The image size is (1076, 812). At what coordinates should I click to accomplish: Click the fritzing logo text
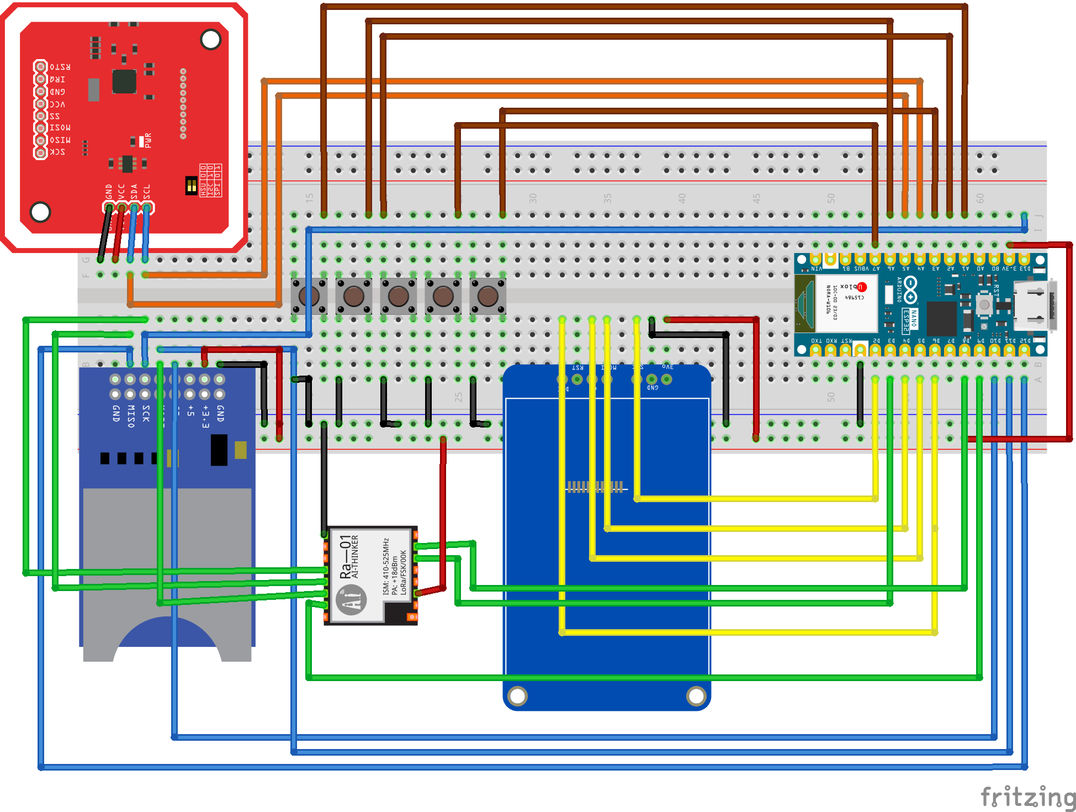click(1028, 797)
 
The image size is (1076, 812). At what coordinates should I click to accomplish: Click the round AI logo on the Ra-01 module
click(351, 600)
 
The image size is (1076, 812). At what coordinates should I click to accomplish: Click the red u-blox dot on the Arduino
click(862, 287)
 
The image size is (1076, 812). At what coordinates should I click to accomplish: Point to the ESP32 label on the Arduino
click(906, 321)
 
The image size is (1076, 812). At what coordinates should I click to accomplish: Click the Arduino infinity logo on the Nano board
click(910, 290)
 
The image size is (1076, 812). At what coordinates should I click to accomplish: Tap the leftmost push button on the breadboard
click(309, 296)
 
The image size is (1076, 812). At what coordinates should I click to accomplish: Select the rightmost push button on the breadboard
click(487, 296)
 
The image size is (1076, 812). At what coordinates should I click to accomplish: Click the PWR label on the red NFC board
click(147, 140)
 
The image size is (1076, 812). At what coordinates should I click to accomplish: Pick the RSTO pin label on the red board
click(60, 67)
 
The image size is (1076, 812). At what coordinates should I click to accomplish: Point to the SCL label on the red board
click(147, 192)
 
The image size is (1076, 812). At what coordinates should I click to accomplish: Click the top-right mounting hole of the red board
click(210, 39)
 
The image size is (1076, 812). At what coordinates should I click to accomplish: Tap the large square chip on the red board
click(124, 82)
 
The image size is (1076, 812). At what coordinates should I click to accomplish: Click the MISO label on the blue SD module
click(131, 416)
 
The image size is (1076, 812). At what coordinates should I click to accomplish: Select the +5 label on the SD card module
click(190, 410)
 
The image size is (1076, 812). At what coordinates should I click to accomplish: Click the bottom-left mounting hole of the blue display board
click(517, 696)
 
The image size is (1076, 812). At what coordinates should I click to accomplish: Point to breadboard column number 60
click(980, 198)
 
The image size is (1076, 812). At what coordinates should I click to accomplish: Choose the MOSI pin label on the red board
click(60, 128)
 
